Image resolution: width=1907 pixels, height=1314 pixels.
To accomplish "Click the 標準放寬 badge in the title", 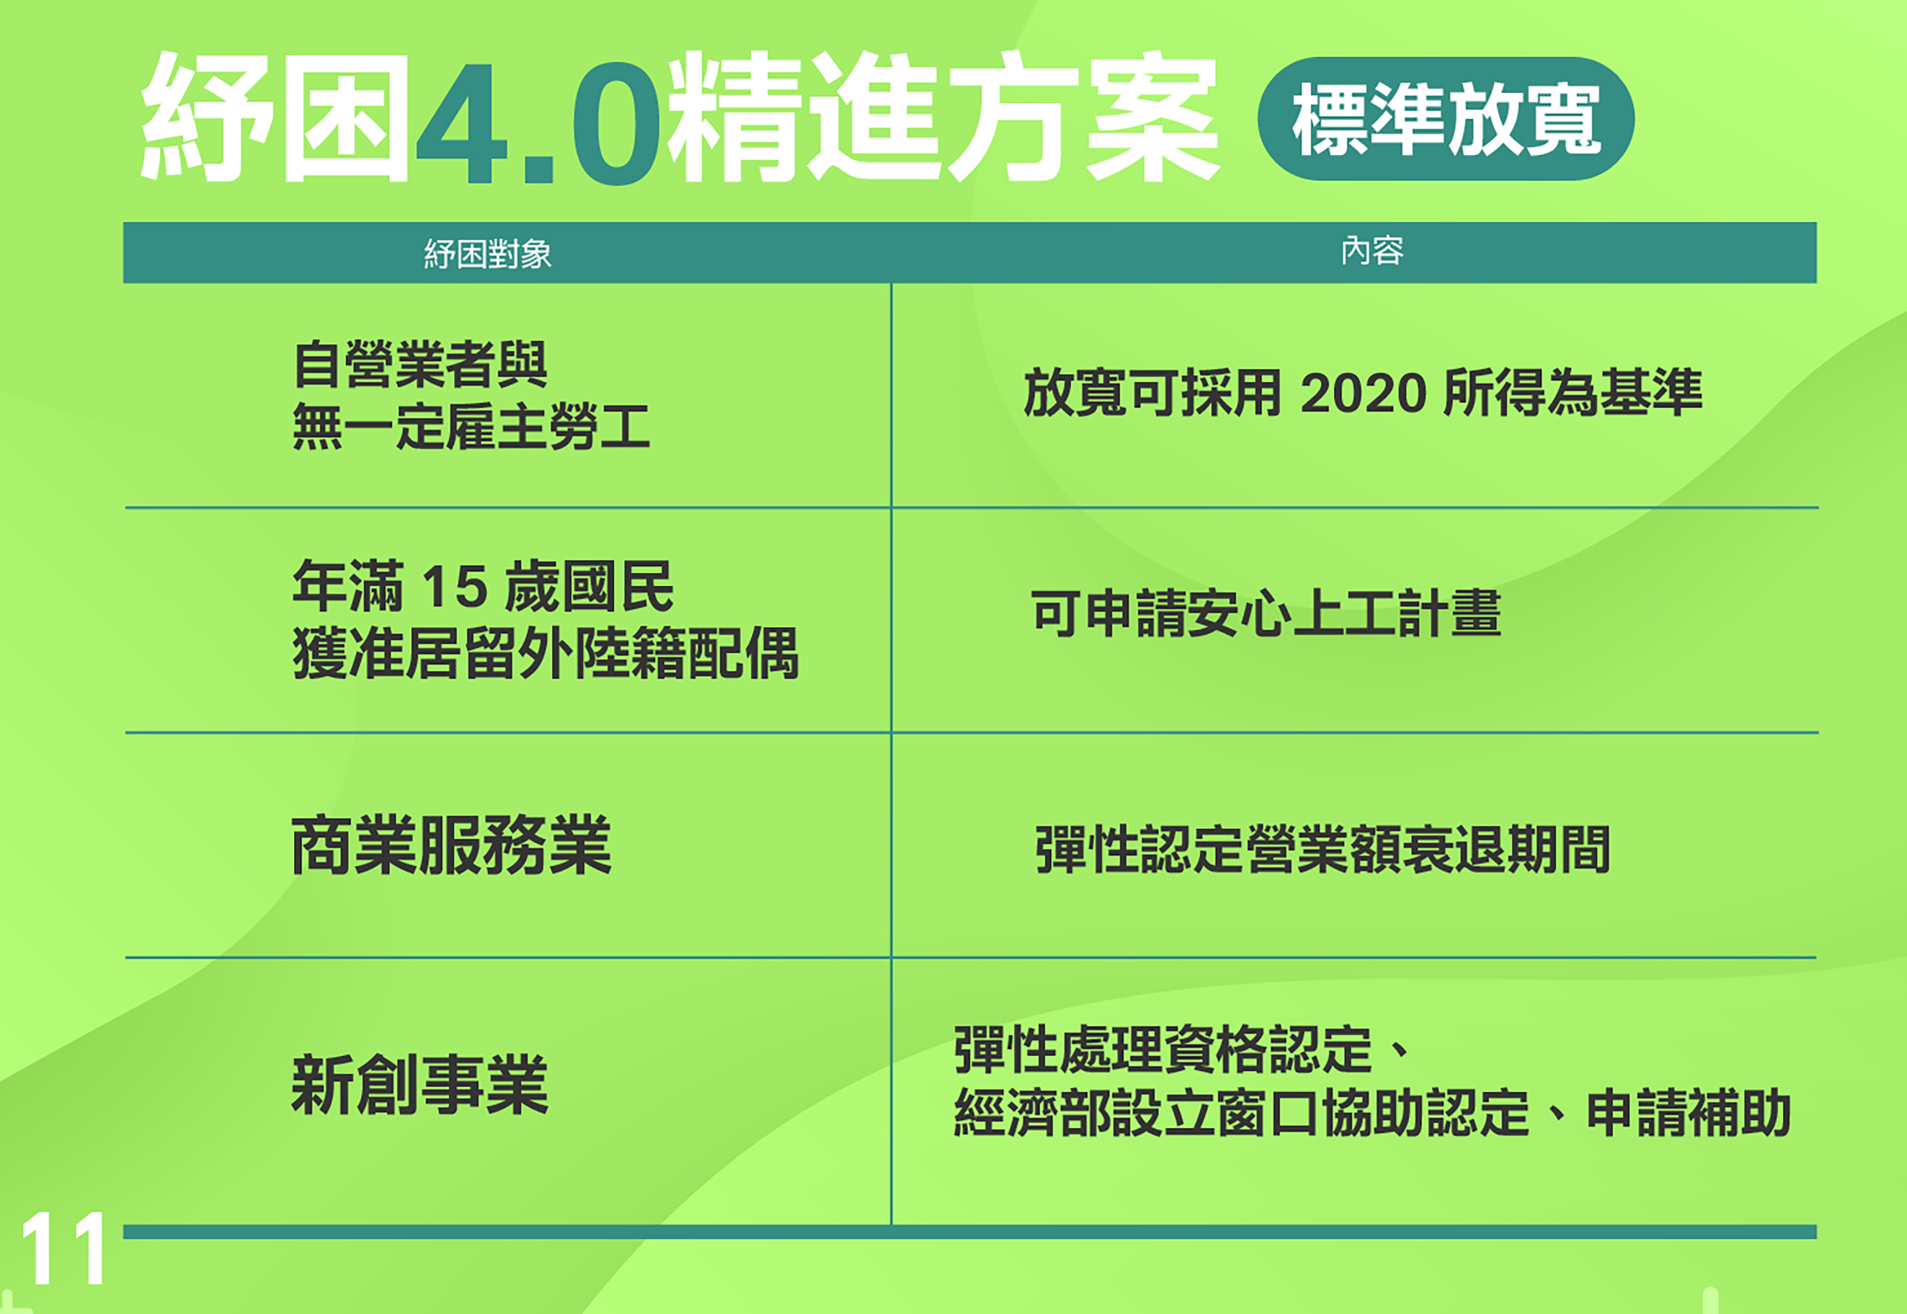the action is [x=1446, y=119].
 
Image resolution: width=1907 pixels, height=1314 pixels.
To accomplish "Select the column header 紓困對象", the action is [x=487, y=254].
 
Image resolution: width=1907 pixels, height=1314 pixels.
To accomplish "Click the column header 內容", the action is [x=1372, y=251].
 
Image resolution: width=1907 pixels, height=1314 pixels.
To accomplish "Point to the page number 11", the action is [x=63, y=1248].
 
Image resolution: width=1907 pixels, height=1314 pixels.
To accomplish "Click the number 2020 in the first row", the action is [x=1363, y=393].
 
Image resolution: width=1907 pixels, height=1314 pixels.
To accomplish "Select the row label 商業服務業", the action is [x=451, y=845].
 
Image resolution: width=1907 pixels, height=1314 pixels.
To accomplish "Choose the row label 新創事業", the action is [x=420, y=1084].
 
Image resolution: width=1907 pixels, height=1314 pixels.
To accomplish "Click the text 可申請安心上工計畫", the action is [x=1266, y=613].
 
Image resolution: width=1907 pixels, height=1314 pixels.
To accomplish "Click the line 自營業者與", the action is [x=420, y=364].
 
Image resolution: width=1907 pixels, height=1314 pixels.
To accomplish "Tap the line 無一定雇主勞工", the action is [x=472, y=426].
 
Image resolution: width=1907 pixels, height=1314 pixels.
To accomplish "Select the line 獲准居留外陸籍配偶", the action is [x=546, y=653].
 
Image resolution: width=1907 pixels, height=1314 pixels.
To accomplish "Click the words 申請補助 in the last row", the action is [x=1688, y=1112].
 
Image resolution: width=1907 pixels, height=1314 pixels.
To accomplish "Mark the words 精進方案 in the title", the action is [x=943, y=117].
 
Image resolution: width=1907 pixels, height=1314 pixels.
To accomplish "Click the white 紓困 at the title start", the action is [x=275, y=117].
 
